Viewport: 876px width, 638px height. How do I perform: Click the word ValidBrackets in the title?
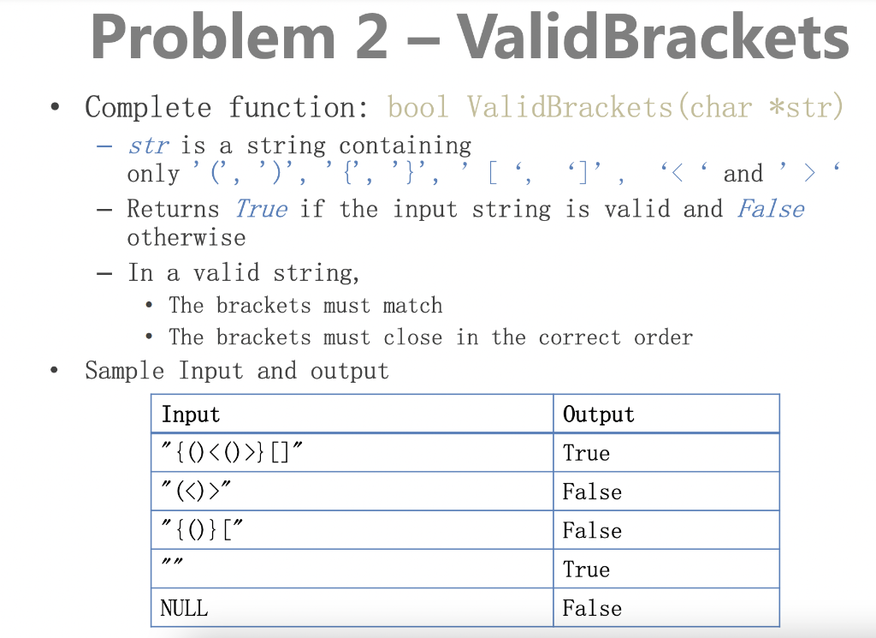[x=653, y=38]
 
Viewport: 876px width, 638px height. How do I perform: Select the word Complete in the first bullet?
[x=147, y=108]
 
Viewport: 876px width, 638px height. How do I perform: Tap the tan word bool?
[x=417, y=108]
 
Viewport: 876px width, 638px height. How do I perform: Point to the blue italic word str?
[x=148, y=146]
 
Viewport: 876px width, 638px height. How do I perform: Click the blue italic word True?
[x=260, y=208]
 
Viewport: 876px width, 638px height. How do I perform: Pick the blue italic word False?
[x=770, y=208]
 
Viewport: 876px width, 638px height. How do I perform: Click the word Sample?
[x=125, y=371]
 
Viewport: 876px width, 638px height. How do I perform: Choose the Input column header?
[x=191, y=414]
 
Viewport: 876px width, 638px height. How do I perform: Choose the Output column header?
[x=598, y=414]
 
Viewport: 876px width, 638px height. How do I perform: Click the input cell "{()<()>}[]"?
[x=231, y=453]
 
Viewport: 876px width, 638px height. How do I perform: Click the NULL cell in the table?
[x=184, y=608]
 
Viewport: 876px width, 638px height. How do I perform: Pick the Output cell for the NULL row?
[x=591, y=608]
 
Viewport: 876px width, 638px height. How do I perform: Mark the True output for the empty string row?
[x=586, y=569]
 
